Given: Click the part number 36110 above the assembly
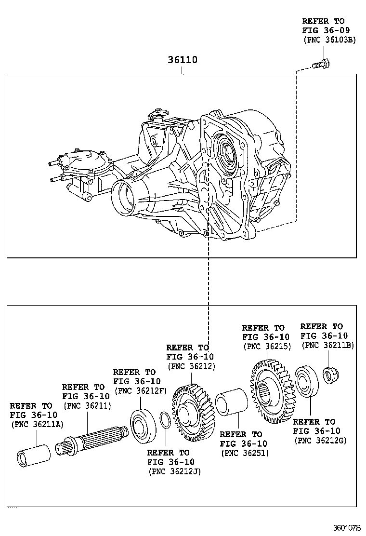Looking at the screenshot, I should tap(182, 60).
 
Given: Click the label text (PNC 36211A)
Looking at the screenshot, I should tap(35, 424).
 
